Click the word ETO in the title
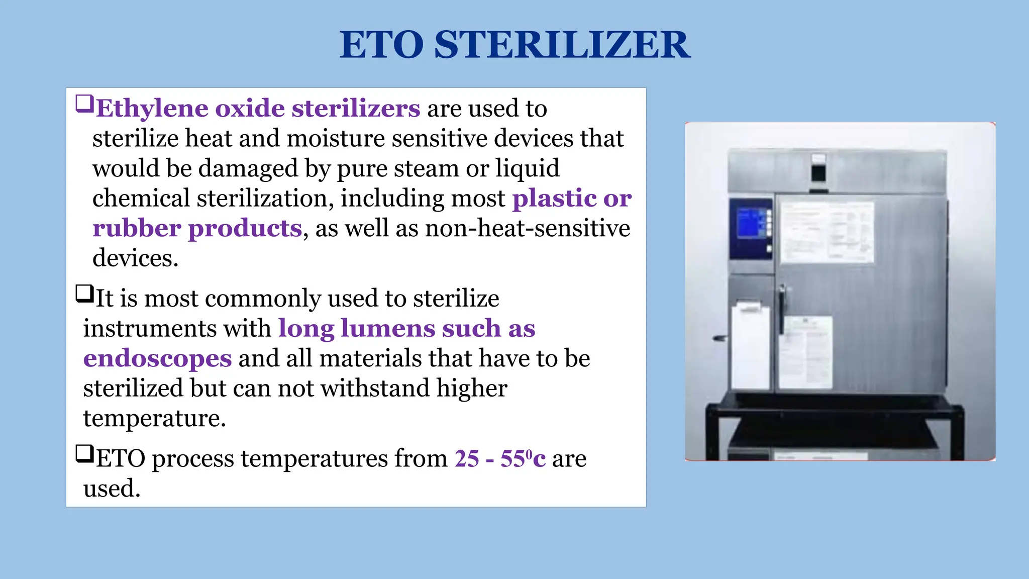click(382, 45)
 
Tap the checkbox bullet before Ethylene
click(84, 104)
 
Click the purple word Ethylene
click(152, 109)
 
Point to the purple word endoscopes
click(157, 358)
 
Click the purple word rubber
click(137, 229)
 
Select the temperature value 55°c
click(523, 458)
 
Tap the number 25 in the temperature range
click(467, 458)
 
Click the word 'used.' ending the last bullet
click(112, 489)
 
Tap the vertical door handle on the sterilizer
click(782, 309)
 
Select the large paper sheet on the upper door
click(826, 232)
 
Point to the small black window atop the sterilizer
click(818, 172)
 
